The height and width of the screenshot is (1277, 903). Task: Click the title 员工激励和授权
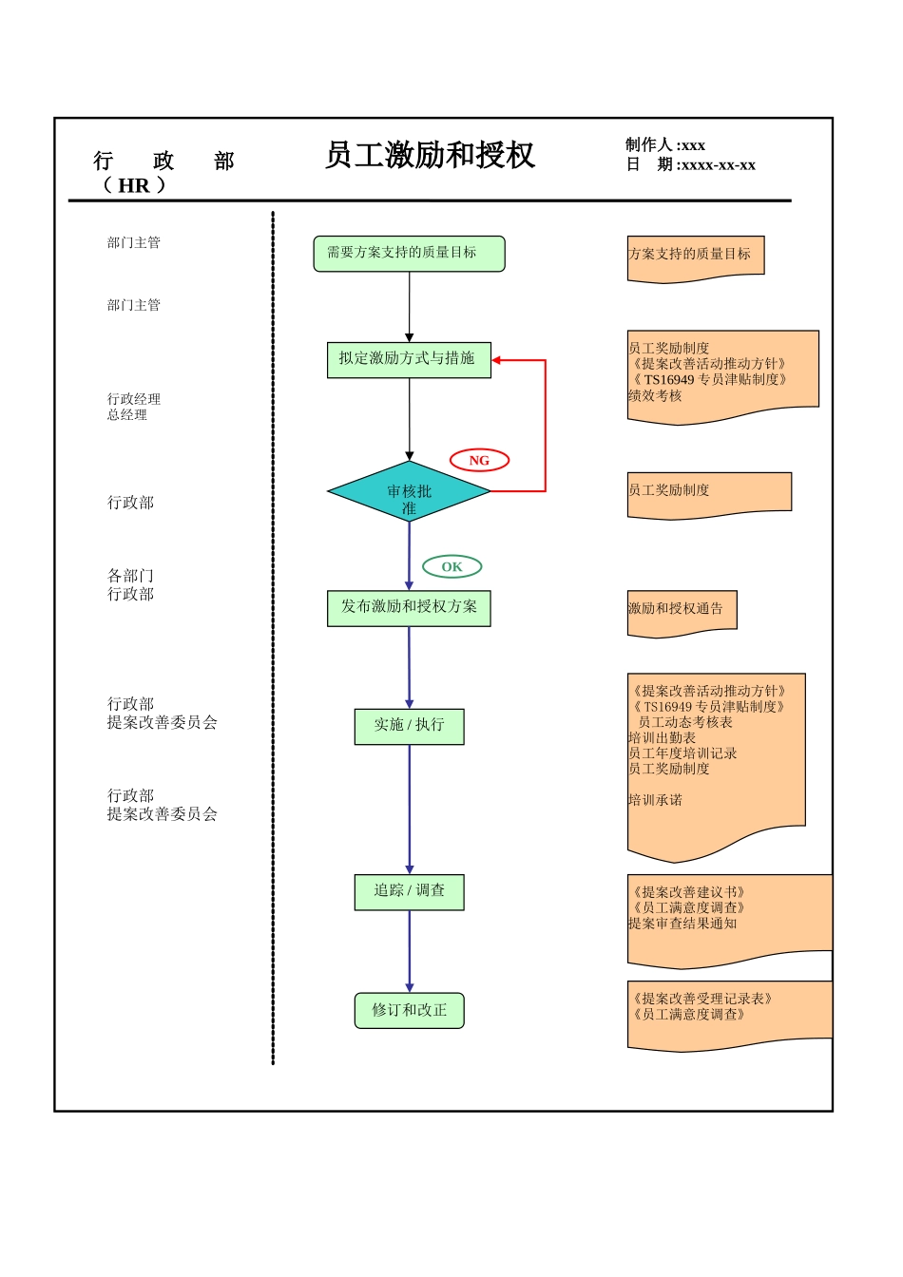430,155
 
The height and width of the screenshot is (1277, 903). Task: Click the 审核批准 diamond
409,492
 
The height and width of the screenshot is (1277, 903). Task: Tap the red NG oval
479,461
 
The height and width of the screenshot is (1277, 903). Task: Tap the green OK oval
451,567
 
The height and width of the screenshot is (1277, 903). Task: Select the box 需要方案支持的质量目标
409,254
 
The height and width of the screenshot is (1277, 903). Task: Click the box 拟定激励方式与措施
409,359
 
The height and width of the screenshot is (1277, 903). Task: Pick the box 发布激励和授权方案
409,607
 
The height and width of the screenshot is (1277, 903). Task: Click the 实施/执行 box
409,725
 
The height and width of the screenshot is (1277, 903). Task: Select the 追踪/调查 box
409,891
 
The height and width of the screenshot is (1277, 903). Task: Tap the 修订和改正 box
409,1010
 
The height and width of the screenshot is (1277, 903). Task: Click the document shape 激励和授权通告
681,609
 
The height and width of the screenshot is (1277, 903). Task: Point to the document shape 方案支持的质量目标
694,255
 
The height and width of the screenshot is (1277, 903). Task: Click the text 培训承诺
655,800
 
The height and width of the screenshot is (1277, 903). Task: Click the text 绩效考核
655,395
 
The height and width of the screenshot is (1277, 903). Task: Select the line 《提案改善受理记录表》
702,999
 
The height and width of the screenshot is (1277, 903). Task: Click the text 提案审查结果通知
682,924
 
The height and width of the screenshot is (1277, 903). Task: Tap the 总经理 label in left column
127,415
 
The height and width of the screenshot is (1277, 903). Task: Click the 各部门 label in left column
130,576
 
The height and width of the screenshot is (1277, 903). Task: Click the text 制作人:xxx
665,145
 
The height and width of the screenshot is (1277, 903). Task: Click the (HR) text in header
134,185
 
